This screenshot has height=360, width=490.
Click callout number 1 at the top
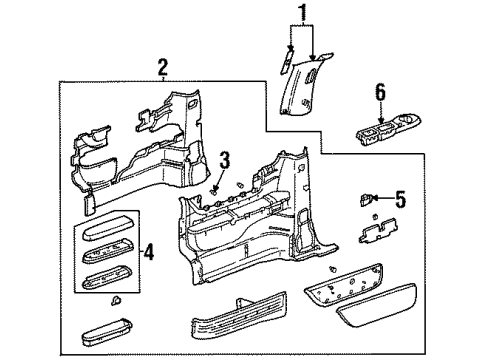click(x=298, y=13)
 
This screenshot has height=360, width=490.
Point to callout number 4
click(x=149, y=252)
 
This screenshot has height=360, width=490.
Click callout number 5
click(x=400, y=200)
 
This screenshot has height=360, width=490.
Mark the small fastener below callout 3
click(x=217, y=189)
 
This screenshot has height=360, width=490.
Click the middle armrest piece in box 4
click(x=107, y=252)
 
